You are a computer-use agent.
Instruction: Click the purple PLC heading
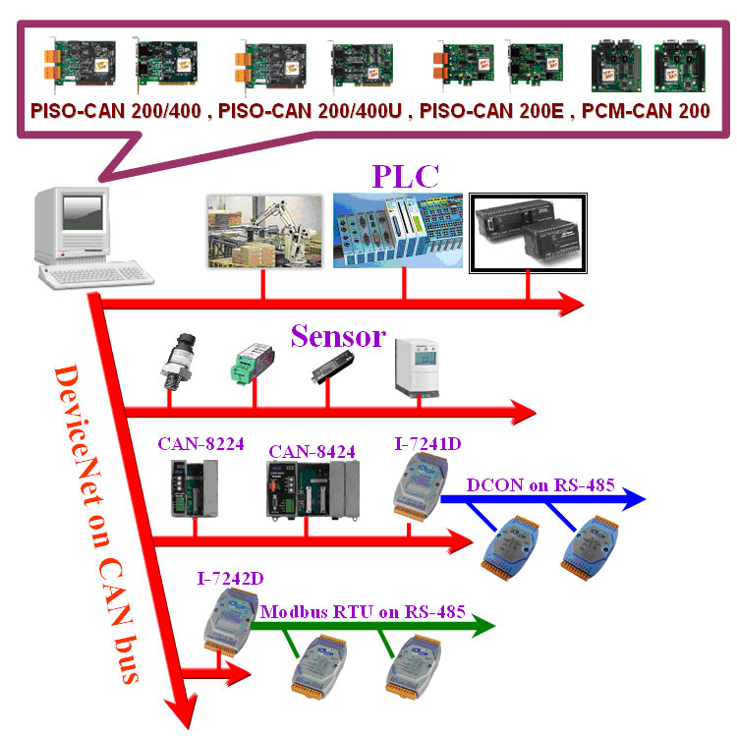(x=405, y=177)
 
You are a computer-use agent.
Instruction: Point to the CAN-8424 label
(x=312, y=451)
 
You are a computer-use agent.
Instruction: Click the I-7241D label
(x=428, y=443)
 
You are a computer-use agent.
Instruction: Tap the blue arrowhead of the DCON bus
(x=633, y=500)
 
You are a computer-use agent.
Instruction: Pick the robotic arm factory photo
(x=263, y=230)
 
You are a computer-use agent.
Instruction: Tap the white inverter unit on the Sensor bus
(x=412, y=366)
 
